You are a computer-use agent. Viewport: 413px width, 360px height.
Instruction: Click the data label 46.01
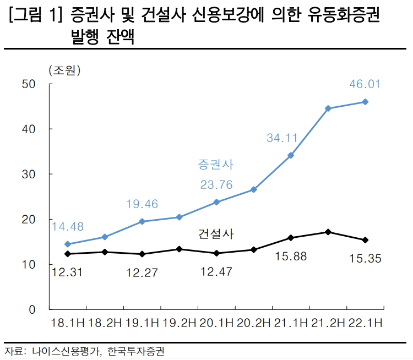(365, 84)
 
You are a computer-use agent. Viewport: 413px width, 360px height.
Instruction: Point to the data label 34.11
(282, 138)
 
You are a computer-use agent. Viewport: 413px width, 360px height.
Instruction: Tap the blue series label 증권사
(215, 165)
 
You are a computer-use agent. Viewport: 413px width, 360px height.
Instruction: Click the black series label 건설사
(215, 234)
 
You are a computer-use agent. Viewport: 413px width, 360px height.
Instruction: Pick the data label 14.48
(67, 226)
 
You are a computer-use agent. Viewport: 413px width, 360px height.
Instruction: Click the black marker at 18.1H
(67, 254)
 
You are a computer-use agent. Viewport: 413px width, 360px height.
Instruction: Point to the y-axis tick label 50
(29, 84)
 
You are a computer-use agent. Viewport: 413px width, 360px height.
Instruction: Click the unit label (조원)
(64, 70)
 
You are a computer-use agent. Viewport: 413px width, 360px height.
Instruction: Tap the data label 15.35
(365, 258)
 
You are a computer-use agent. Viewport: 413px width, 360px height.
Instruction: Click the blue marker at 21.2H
(328, 108)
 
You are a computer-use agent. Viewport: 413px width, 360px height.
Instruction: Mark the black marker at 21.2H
(328, 232)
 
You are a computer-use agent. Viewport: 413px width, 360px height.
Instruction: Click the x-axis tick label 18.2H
(104, 323)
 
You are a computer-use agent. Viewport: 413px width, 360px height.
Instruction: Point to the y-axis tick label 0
(32, 310)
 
